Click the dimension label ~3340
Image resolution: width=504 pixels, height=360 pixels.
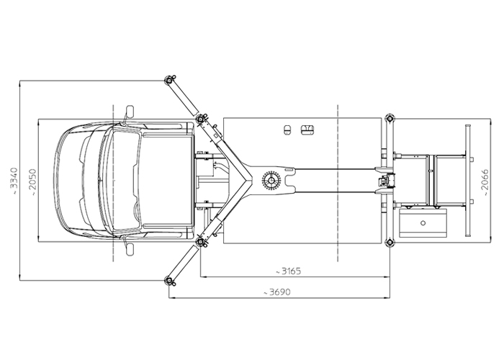[x=14, y=180]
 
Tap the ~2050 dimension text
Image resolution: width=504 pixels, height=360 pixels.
[x=33, y=182]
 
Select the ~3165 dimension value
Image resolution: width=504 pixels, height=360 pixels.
[x=288, y=271]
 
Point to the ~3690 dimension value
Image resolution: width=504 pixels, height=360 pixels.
[x=276, y=292]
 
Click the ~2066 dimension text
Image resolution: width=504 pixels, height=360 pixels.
[x=485, y=183]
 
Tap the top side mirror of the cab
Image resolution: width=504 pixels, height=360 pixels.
[x=129, y=112]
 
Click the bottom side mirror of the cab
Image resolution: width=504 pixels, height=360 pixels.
[x=129, y=249]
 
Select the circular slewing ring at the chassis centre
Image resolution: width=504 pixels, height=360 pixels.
[x=271, y=180]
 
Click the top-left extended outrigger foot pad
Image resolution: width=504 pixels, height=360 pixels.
[x=169, y=80]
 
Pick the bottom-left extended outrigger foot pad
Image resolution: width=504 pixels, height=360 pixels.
[x=169, y=281]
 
